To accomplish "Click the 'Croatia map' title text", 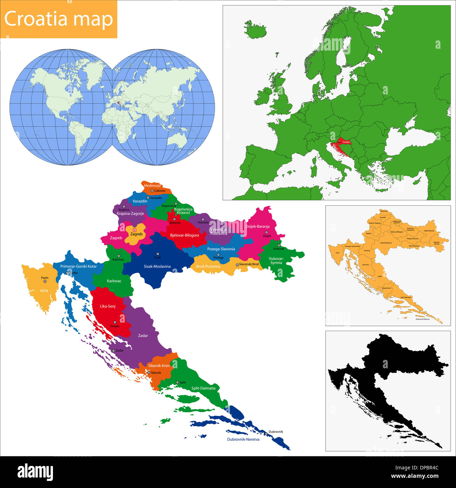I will pyautogui.click(x=59, y=19).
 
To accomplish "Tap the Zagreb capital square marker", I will pyautogui.click(x=134, y=230).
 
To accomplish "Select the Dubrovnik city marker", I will pyautogui.click(x=266, y=434).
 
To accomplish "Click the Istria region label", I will pyautogui.click(x=44, y=291).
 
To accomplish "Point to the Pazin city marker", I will pyautogui.click(x=45, y=282).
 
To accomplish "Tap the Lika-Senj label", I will pyautogui.click(x=107, y=306).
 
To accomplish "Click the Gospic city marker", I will pyautogui.click(x=115, y=322).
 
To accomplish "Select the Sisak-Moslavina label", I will pyautogui.click(x=157, y=266).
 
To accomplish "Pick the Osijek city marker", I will pyautogui.click(x=266, y=232).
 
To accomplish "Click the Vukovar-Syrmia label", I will pyautogui.click(x=276, y=261).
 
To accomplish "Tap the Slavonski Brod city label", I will pyautogui.click(x=249, y=264).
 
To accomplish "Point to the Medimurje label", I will pyautogui.click(x=152, y=186).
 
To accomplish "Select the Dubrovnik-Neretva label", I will pyautogui.click(x=243, y=440).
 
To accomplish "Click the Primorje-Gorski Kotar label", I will pyautogui.click(x=78, y=266).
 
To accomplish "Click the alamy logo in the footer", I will pyautogui.click(x=35, y=472).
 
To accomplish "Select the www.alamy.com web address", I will pyautogui.click(x=414, y=476).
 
